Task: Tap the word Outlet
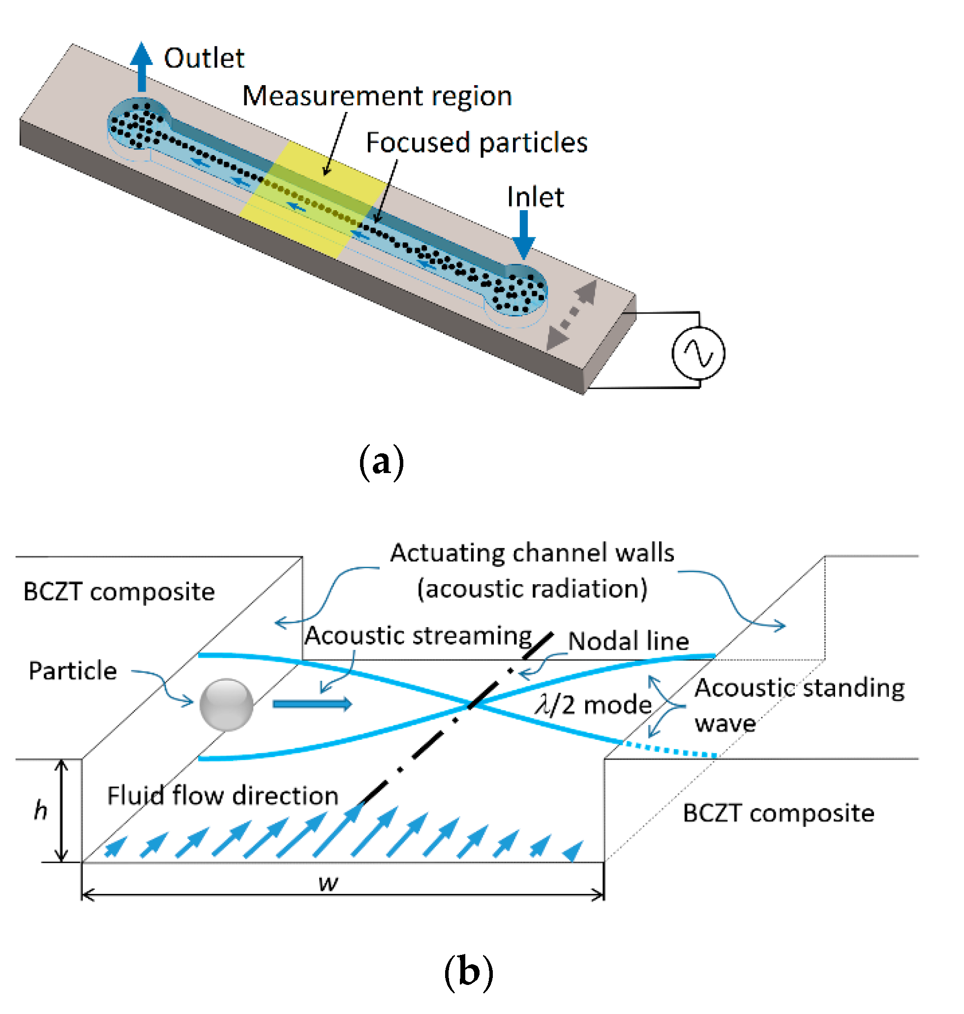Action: tap(204, 58)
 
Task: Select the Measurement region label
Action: tap(377, 96)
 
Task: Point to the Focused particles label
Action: tap(477, 142)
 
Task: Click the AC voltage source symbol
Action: tap(698, 353)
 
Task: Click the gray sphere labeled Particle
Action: tap(226, 704)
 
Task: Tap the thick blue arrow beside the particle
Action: tap(312, 703)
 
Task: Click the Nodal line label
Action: tap(628, 641)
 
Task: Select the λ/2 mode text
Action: tap(593, 704)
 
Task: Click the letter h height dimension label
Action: tap(40, 810)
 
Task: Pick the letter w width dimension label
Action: tap(328, 884)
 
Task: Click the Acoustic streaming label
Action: tap(418, 635)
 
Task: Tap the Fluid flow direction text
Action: tap(222, 795)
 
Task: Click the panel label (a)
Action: tap(381, 462)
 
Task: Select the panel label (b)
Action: tap(468, 971)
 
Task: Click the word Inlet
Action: tap(535, 197)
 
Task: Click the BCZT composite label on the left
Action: tap(119, 591)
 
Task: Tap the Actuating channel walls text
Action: tap(531, 553)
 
